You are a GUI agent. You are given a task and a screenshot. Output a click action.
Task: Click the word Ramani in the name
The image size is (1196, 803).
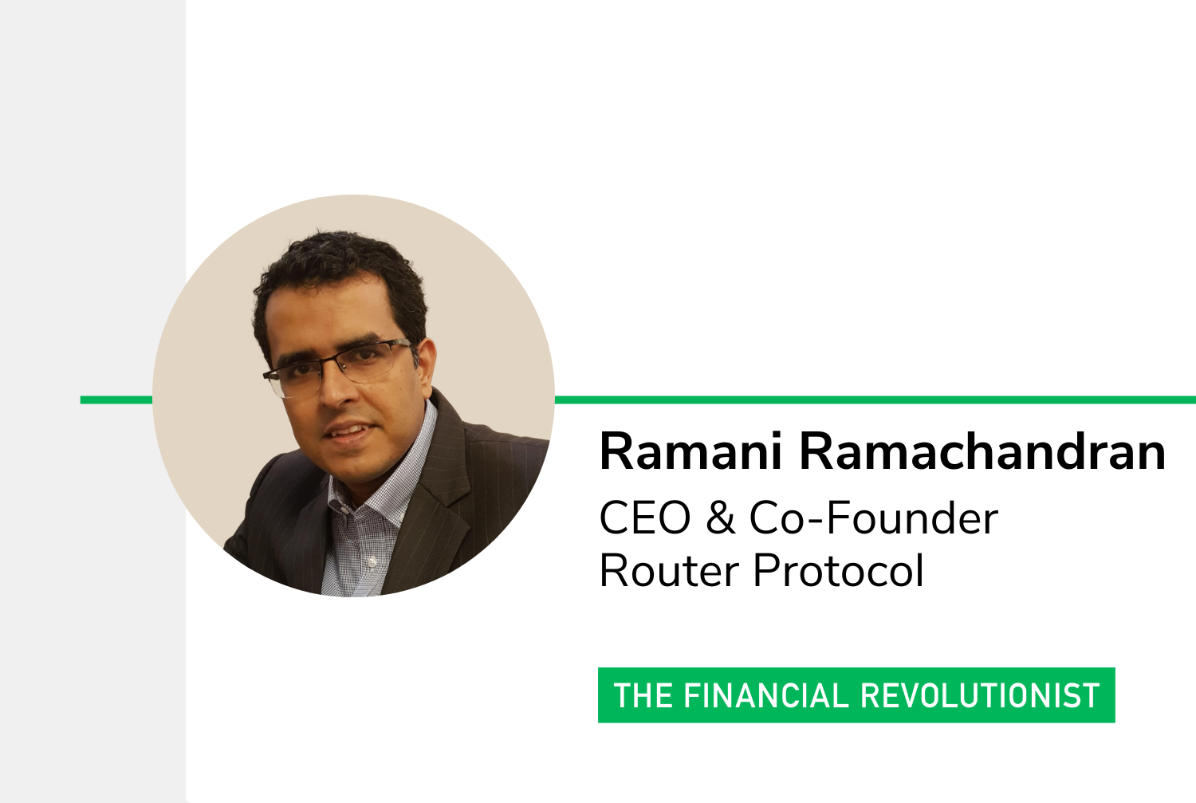pos(691,451)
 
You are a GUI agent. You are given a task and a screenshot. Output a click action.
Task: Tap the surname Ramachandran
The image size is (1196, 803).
pos(982,451)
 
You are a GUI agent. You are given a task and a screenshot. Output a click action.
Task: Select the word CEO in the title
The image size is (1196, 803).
pos(646,518)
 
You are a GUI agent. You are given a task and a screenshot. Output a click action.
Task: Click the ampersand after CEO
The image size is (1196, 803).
pos(721,518)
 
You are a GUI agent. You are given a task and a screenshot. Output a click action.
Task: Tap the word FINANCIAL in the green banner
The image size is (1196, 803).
pos(766,695)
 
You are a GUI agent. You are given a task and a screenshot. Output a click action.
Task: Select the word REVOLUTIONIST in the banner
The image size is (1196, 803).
pos(980,695)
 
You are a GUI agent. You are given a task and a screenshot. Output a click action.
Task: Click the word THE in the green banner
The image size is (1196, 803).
pos(643,695)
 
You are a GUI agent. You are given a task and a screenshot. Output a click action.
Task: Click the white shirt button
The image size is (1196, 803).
pos(372,561)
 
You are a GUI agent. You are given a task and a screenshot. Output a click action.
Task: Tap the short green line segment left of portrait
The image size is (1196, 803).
pos(116,400)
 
